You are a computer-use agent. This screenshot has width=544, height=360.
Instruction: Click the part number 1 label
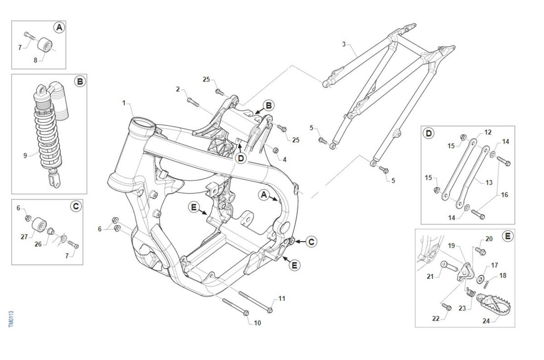124,103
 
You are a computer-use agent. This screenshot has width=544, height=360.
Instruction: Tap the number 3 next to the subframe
344,44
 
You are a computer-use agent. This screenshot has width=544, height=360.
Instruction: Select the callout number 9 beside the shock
25,156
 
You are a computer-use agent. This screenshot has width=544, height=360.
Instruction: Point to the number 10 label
257,323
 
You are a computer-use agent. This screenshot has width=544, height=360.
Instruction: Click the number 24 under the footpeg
486,321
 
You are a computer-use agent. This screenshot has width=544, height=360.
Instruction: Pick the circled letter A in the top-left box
59,28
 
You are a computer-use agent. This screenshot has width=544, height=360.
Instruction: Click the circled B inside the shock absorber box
79,82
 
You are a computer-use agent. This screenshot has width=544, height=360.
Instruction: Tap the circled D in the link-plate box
428,133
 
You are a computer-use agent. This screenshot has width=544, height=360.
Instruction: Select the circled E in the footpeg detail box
507,236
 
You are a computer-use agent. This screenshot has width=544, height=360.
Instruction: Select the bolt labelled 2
193,101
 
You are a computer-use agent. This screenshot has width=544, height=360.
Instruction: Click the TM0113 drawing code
11,320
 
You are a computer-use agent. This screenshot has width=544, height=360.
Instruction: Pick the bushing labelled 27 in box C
38,224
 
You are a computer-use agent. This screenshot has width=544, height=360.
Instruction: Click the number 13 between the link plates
489,183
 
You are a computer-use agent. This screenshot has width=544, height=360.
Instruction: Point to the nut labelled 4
275,150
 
